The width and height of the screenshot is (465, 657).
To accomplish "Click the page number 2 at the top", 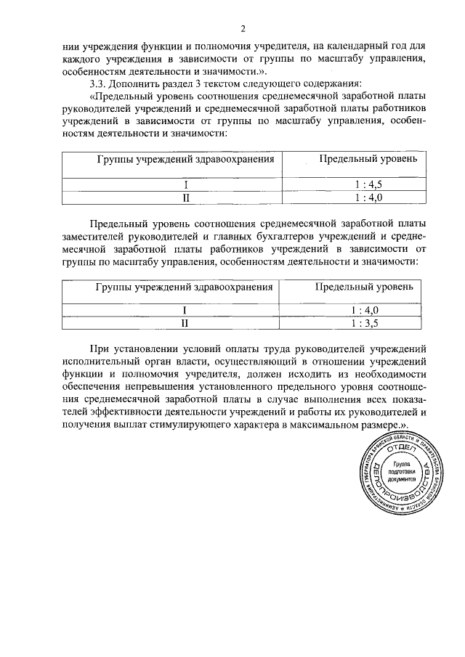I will tap(243, 29).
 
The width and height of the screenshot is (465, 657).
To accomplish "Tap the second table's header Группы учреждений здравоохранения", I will tap(184, 287).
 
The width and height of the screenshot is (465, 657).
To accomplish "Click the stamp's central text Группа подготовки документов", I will tap(401, 472).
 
